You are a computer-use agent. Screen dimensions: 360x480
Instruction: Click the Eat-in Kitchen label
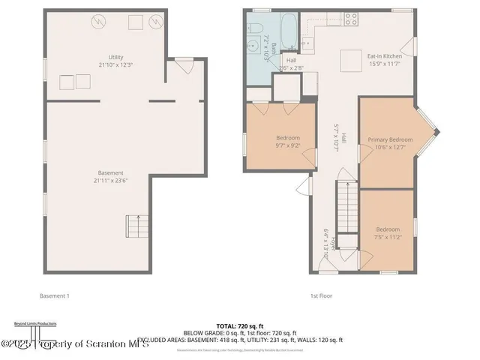384,56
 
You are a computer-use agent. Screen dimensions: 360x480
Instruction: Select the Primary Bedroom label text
389,139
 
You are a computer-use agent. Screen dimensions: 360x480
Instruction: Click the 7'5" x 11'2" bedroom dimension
388,237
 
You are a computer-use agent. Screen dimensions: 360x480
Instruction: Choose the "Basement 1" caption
55,295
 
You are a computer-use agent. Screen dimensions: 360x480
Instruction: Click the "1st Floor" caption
321,295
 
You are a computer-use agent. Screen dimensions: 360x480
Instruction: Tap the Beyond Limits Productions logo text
35,323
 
